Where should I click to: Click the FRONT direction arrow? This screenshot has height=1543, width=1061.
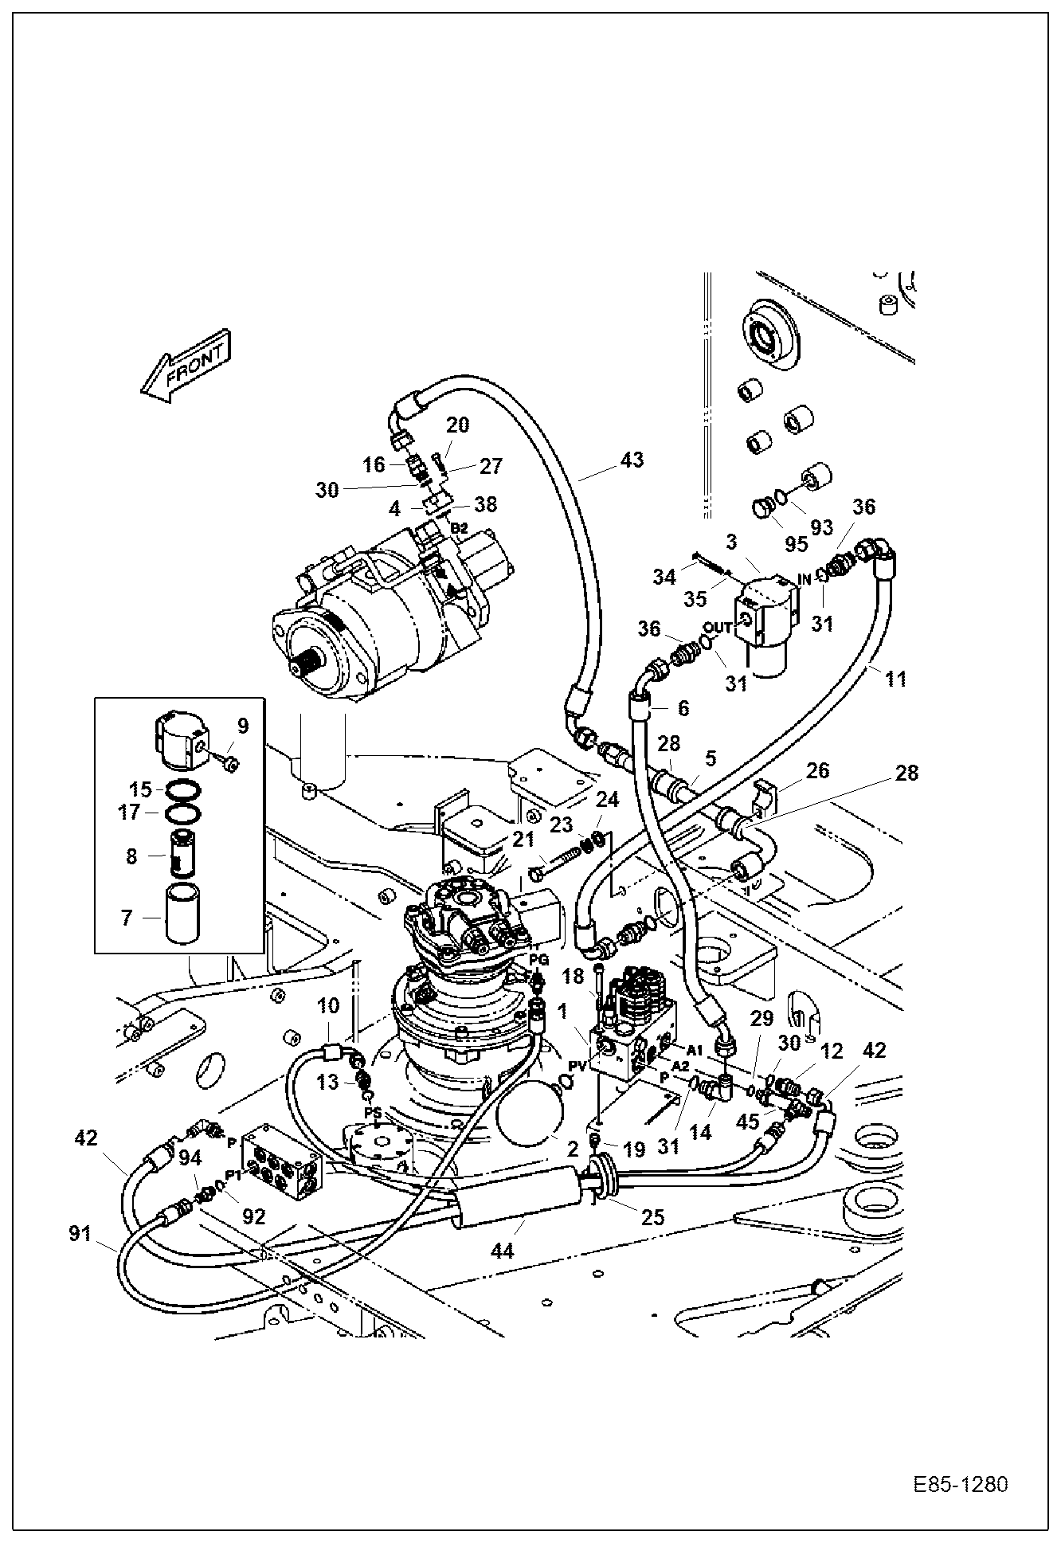click(186, 365)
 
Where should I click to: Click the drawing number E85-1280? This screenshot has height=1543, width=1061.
click(960, 1485)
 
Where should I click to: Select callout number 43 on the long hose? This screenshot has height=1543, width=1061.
click(632, 460)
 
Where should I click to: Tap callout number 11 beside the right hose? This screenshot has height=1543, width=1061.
click(895, 679)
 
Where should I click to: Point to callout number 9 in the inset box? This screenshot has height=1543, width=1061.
click(243, 725)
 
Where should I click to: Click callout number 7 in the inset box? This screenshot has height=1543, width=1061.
click(126, 918)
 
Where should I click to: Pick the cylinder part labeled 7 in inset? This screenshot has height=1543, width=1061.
click(186, 914)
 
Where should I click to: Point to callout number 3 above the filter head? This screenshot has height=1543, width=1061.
click(730, 542)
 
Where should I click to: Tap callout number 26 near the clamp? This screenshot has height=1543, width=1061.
click(817, 770)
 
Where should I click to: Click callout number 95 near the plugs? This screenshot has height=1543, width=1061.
click(796, 544)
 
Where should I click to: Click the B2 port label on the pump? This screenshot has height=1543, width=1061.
click(459, 527)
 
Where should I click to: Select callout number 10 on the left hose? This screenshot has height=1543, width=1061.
click(327, 1005)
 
